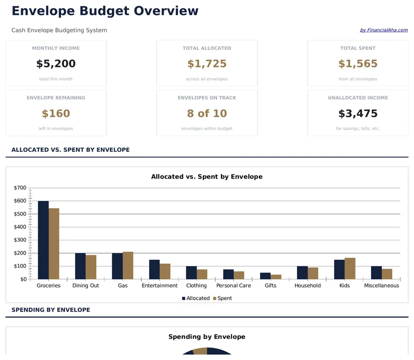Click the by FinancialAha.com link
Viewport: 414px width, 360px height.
[383, 30]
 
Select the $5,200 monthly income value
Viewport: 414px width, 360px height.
[56, 64]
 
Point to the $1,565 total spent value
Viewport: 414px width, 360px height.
[358, 64]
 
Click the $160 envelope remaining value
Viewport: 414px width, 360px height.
[56, 113]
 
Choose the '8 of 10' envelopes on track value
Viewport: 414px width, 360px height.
[207, 113]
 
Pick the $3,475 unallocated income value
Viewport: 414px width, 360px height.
[358, 113]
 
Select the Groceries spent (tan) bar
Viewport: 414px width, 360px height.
[54, 243]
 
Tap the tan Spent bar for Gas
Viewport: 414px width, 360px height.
[128, 265]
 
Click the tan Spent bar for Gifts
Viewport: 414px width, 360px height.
[276, 277]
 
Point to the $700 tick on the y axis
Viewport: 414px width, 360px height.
[20, 188]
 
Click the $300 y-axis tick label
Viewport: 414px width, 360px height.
[20, 240]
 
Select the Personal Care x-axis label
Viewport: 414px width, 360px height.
[233, 285]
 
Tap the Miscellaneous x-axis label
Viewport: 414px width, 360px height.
[381, 285]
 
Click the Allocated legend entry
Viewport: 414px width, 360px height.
[196, 298]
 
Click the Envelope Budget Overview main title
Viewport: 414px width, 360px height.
[105, 11]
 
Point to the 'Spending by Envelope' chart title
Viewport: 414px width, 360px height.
[207, 337]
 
